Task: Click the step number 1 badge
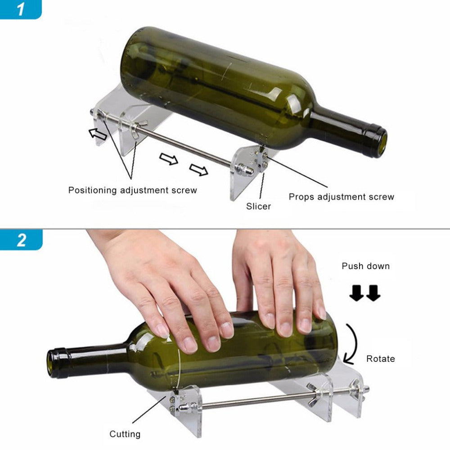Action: (21, 9)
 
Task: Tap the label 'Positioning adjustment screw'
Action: (132, 190)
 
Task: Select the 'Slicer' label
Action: (258, 207)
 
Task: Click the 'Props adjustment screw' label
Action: (341, 197)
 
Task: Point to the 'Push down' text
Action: (365, 266)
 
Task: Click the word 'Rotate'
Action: (380, 359)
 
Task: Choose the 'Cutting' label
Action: (125, 434)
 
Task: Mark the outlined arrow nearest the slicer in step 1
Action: (198, 170)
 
